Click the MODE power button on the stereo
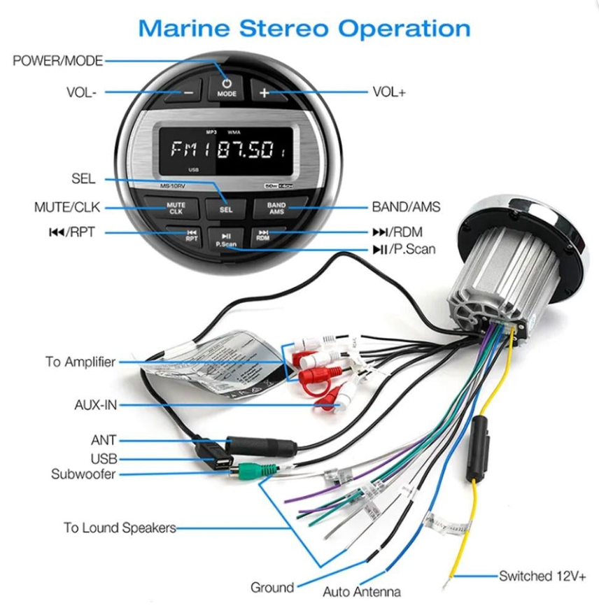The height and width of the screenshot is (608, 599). (x=227, y=90)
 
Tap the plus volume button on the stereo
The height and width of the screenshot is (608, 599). (x=264, y=92)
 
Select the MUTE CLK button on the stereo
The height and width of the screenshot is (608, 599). (x=176, y=208)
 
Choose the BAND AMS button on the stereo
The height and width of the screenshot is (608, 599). (x=276, y=208)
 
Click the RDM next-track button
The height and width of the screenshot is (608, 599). (x=263, y=235)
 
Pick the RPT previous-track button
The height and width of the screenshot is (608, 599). (x=191, y=235)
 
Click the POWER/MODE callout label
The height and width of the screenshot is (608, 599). (x=57, y=62)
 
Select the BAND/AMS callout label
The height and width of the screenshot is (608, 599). (x=406, y=207)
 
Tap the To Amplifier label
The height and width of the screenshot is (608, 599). (x=80, y=362)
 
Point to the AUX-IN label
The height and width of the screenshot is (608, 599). (x=95, y=404)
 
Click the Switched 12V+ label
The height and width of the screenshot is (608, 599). (x=542, y=576)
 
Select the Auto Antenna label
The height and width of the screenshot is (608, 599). (x=362, y=592)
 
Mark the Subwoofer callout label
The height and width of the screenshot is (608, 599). (x=83, y=474)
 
